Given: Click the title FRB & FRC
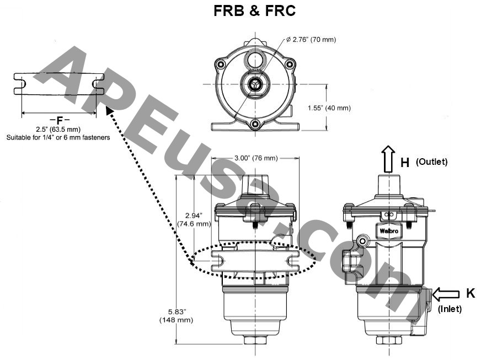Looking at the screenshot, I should coord(254,12).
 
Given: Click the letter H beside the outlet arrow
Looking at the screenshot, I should coord(404,162).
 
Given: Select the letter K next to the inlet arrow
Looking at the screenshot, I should coord(470,293).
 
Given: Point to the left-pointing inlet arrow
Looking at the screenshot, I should coord(446,294).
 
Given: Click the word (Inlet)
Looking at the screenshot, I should coord(450,309).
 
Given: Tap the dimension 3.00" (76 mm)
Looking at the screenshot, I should coord(255,158).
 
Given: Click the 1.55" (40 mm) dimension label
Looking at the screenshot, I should coord(329,108).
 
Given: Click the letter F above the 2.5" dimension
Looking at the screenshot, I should coord(59,120).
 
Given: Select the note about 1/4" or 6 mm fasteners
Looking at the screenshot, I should coord(58,137).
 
